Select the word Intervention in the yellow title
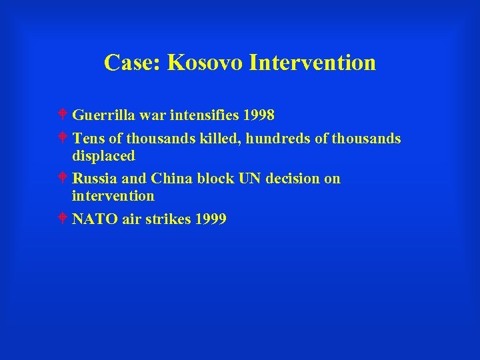coord(312,63)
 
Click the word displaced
coord(103,155)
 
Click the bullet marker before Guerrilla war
coord(63,115)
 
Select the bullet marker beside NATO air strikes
coord(63,219)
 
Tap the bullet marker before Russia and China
coord(63,179)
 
